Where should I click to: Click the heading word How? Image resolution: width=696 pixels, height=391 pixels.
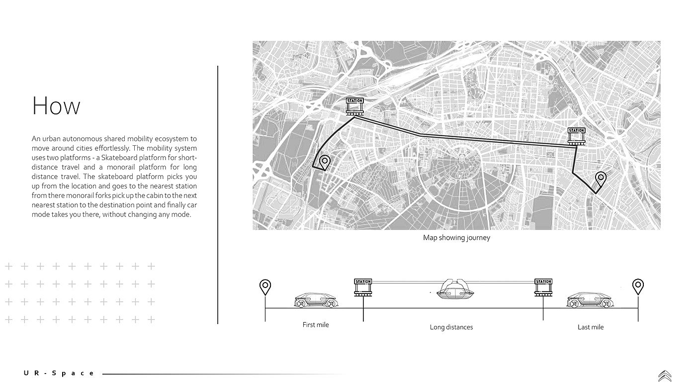(56, 106)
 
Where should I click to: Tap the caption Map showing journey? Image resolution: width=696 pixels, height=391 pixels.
(456, 238)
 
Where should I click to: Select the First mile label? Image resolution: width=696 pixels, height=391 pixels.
(316, 325)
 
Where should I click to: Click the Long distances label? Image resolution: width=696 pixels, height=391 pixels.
(451, 327)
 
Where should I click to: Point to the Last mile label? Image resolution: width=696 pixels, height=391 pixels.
(590, 327)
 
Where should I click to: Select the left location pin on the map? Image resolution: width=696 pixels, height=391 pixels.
(325, 162)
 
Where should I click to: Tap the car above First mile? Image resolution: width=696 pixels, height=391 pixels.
(316, 300)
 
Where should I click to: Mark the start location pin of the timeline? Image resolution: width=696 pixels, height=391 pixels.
(265, 287)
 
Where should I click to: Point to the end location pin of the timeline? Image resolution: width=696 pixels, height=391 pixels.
(638, 287)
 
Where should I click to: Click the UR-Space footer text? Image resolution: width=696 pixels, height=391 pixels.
(59, 373)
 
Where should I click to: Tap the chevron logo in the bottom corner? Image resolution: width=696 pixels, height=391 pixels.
(665, 376)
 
